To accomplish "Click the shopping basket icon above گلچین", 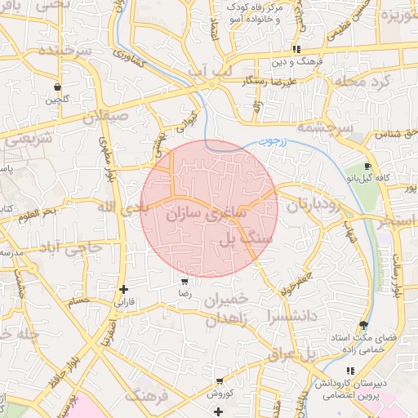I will point(56,87).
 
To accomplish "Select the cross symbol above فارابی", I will point(123,289).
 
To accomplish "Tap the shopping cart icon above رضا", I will point(185,280).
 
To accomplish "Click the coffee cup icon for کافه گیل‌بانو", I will point(367,166).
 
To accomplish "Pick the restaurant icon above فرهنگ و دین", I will point(308,49).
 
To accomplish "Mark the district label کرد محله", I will point(364,82).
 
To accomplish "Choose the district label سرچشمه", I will point(324,128).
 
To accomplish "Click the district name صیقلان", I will point(106,116).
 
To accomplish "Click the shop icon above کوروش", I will point(220,380).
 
